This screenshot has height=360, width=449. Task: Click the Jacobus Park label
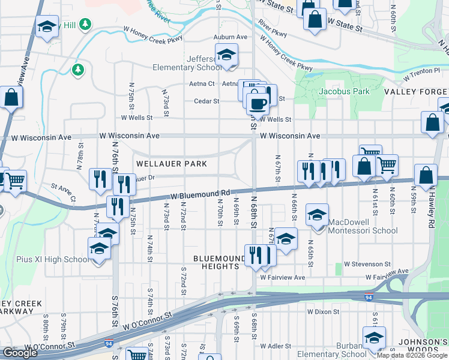tap(344, 92)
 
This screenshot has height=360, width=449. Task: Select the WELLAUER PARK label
tap(172, 164)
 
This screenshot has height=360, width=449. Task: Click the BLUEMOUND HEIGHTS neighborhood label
tap(220, 262)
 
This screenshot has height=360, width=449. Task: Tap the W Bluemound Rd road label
tap(200, 195)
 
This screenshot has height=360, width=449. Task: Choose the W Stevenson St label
tap(367, 264)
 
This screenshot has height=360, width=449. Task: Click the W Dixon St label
tap(324, 312)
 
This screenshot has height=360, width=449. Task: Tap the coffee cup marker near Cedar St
tap(258, 103)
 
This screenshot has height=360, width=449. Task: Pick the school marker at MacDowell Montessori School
tap(318, 214)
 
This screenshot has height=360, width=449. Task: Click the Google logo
tap(20, 353)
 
